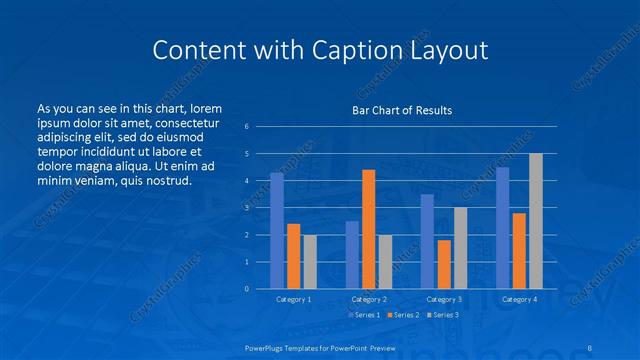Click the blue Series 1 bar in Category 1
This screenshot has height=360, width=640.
point(277,231)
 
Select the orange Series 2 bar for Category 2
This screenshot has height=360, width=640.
point(369,229)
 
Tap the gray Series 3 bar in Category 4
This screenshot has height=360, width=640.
point(536,221)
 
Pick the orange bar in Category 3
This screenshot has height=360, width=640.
point(444,264)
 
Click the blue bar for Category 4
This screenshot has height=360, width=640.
point(503,228)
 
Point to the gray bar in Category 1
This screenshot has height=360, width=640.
point(310,262)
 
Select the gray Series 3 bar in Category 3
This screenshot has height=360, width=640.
point(460,248)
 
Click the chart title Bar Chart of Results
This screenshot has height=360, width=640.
point(401,110)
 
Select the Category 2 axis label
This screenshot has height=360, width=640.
point(368,299)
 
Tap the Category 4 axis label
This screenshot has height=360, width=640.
point(519,299)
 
